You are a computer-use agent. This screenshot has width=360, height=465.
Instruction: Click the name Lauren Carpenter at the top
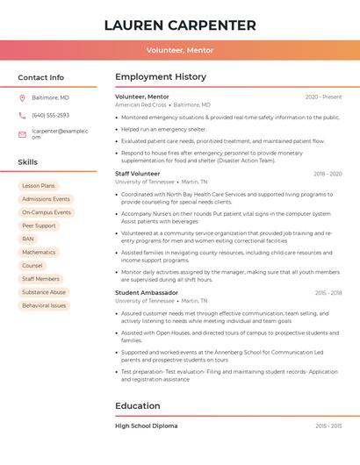(180, 25)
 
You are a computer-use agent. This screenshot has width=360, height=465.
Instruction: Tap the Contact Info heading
(40, 77)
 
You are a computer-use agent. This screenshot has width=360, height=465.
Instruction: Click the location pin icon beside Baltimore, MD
(22, 97)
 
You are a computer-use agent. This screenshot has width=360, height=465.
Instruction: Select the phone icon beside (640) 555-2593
(22, 116)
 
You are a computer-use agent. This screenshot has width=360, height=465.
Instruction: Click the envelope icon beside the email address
(22, 134)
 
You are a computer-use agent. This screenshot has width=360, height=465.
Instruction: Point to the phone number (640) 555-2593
(50, 116)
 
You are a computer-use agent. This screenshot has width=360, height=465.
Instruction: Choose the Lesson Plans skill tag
(39, 186)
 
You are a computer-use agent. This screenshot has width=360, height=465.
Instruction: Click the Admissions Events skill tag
(46, 199)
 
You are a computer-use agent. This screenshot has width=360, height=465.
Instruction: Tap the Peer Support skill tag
(39, 225)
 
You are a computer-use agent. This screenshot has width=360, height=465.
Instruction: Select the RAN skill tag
(28, 239)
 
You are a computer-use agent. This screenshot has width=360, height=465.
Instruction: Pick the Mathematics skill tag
(39, 252)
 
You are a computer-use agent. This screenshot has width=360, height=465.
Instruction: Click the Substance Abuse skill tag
(44, 292)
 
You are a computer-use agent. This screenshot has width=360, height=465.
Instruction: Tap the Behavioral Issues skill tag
(44, 305)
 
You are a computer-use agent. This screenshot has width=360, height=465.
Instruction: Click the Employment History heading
(160, 77)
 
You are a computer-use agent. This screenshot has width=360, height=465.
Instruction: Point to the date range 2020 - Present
(323, 97)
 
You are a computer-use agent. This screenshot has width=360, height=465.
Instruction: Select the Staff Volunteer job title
(138, 174)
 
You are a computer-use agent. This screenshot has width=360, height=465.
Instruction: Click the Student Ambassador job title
(147, 292)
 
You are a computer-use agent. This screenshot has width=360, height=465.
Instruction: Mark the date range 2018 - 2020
(328, 174)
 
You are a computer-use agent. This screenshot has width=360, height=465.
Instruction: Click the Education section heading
(138, 406)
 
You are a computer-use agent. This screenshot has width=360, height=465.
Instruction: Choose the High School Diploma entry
(147, 426)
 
